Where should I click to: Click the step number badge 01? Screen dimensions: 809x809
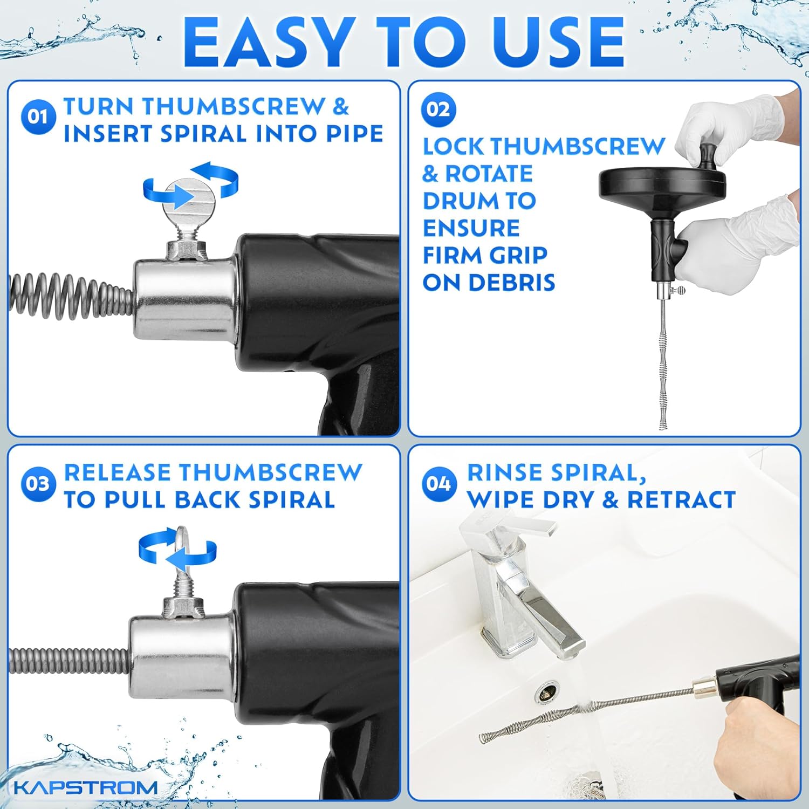point(38,116)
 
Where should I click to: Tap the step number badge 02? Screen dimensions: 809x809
point(438,109)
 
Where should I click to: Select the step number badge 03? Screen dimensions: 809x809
point(38,484)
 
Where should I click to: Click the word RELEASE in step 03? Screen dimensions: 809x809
point(125,472)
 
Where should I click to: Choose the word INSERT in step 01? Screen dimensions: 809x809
point(108,134)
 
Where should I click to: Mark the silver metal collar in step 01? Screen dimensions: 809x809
point(183,299)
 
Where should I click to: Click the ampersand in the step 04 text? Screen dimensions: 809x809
point(610,499)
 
